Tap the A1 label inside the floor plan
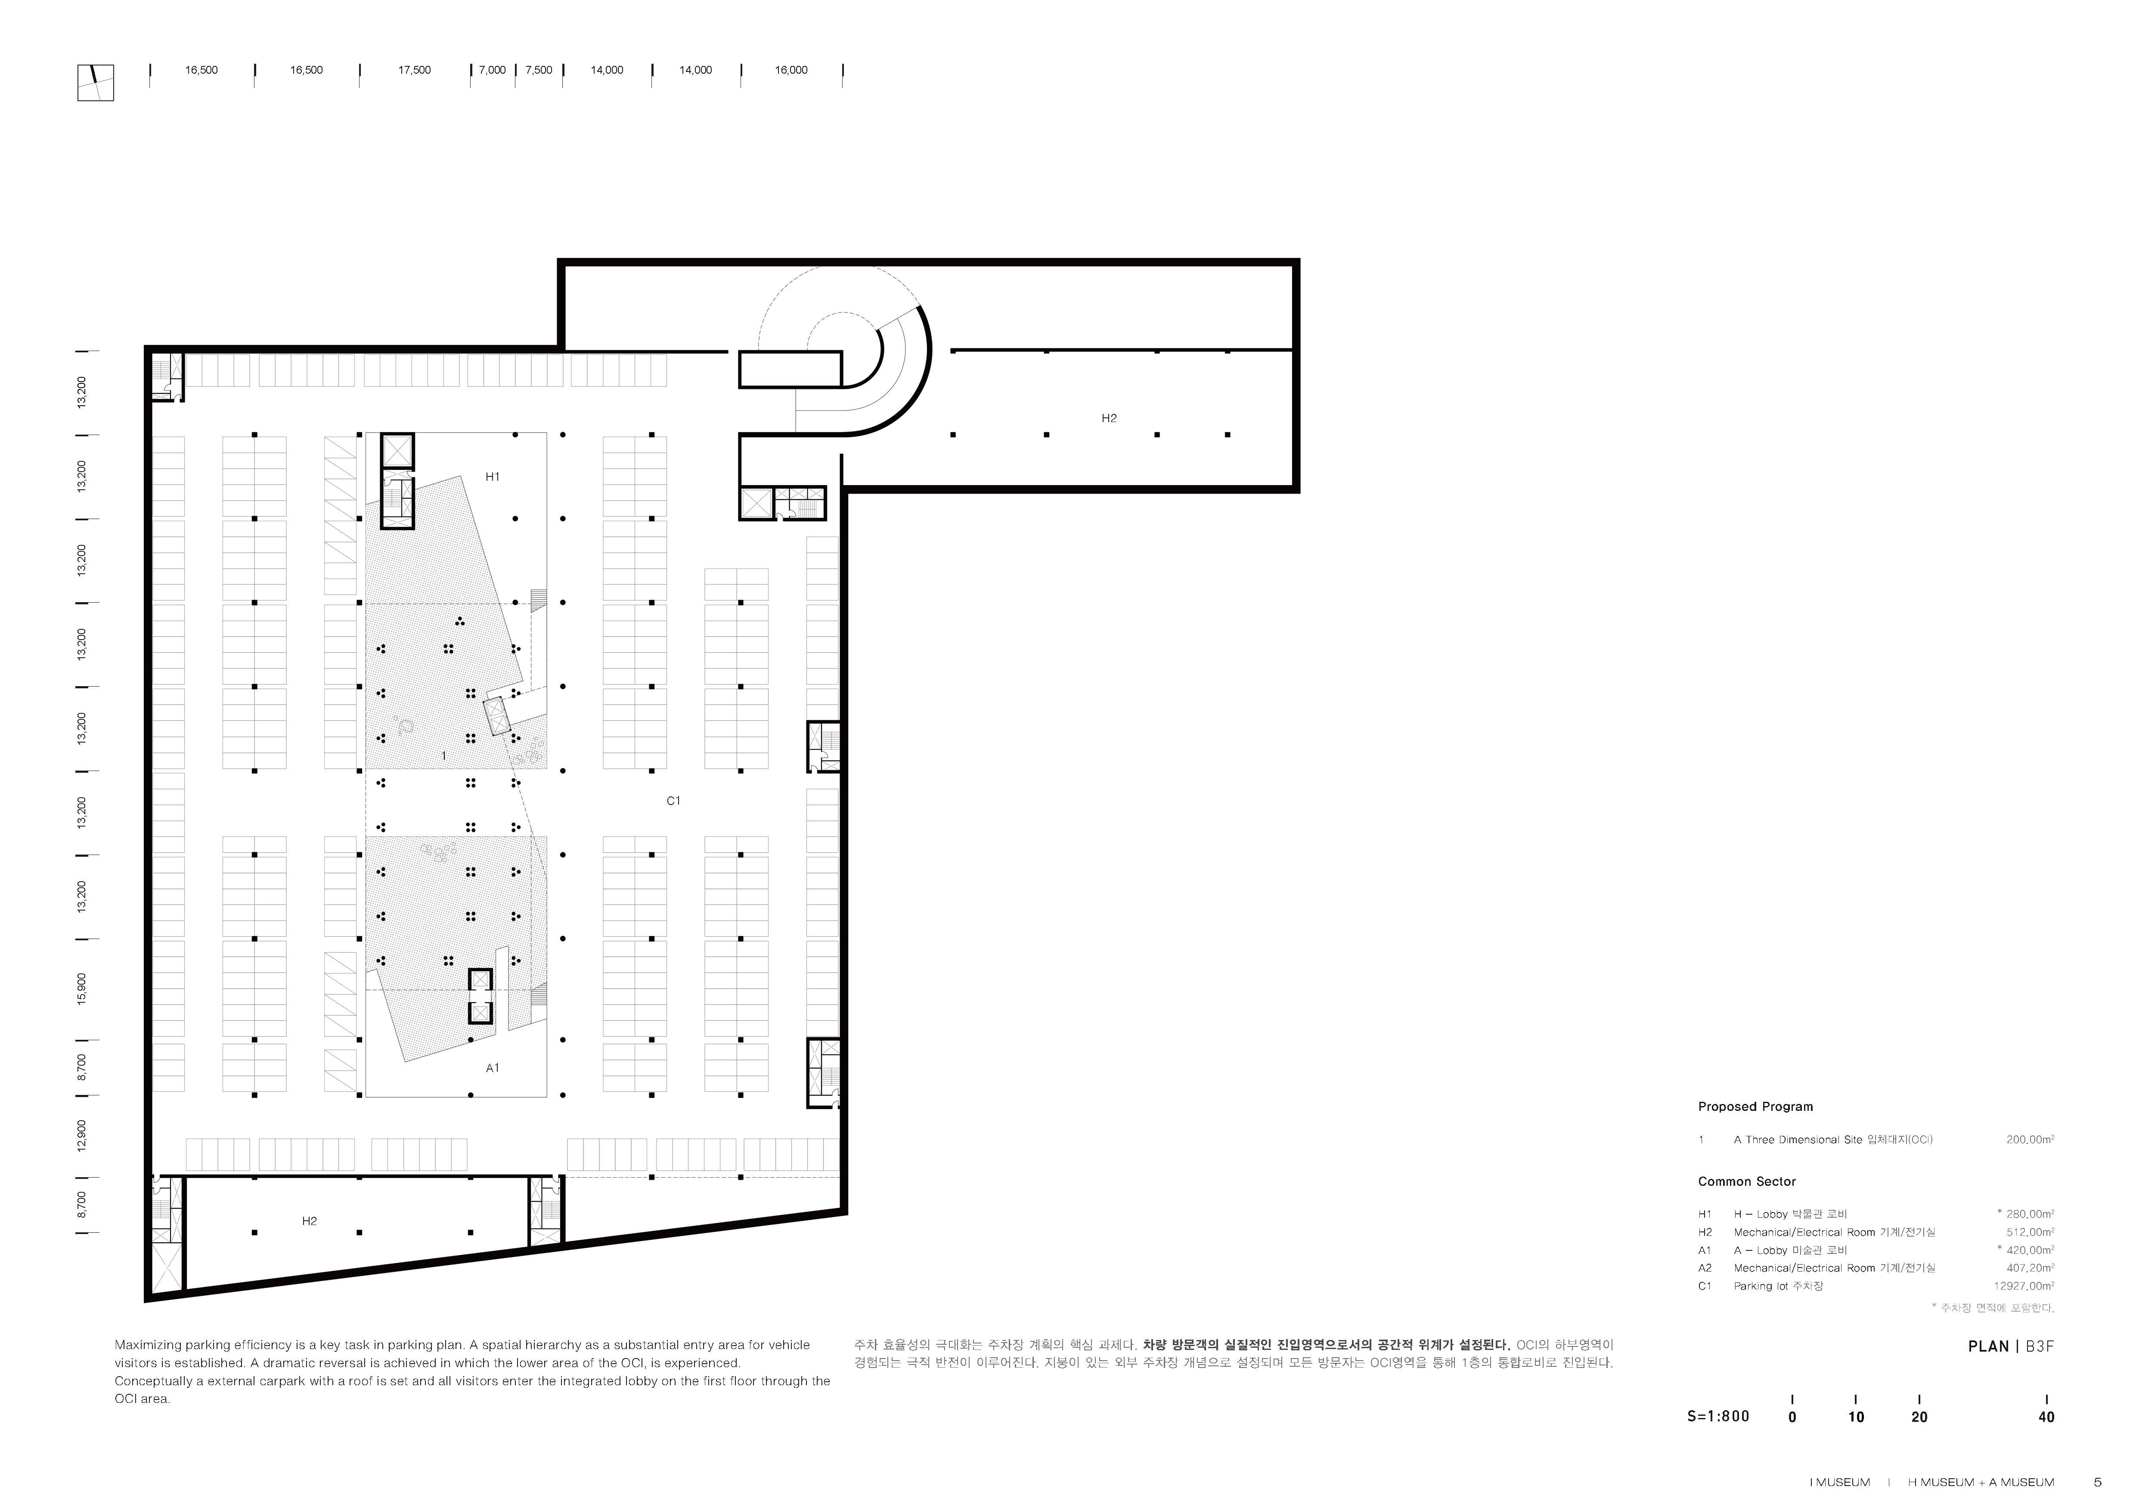pos(492,1068)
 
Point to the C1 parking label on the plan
pos(673,800)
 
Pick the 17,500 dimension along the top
pos(414,70)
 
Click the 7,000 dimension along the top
pos(492,70)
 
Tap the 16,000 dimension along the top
pos(791,70)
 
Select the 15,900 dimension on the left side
pos(82,989)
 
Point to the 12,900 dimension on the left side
pos(82,1135)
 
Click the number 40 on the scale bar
pos(2046,1417)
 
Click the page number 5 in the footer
pos(2097,1482)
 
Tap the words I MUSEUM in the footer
pos(1839,1482)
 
